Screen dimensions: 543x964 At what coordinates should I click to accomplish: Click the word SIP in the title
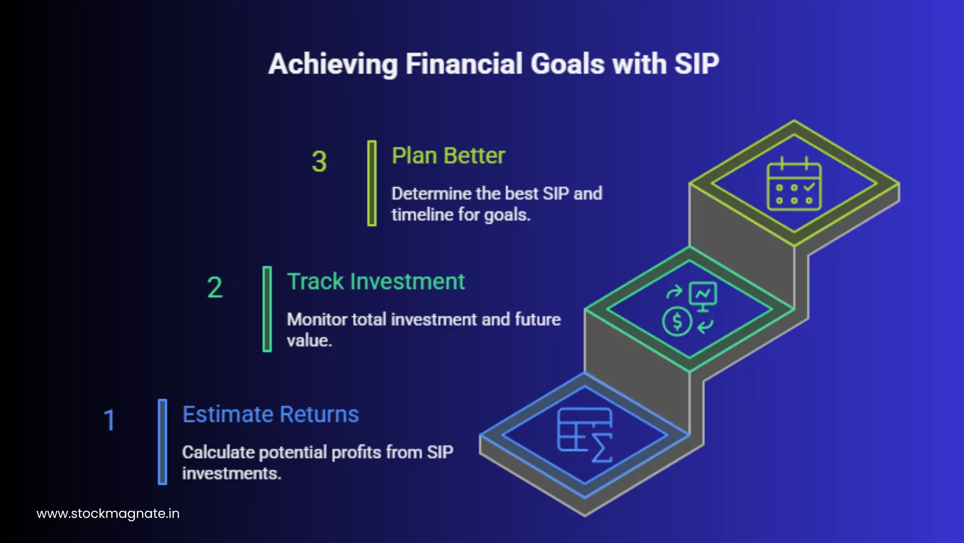tap(696, 64)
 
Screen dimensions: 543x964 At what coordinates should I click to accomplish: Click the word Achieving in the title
tap(333, 64)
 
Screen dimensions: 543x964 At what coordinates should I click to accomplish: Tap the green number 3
tap(319, 162)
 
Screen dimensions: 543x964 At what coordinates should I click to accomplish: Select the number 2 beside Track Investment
tap(214, 288)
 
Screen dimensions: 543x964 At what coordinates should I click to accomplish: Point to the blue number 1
tap(109, 420)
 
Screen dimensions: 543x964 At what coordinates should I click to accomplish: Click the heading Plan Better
tap(448, 156)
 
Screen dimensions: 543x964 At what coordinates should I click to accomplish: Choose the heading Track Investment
tap(376, 282)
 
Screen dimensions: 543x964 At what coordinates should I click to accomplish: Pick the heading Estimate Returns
tap(271, 414)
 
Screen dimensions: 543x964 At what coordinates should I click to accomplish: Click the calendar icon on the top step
tap(794, 185)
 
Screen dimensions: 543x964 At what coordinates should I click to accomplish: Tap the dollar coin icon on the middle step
tap(677, 321)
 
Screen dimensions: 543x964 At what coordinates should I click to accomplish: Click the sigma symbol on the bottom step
tap(602, 448)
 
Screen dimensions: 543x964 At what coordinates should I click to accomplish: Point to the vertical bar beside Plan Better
tap(372, 183)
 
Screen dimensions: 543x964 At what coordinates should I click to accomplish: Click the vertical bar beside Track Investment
tap(267, 309)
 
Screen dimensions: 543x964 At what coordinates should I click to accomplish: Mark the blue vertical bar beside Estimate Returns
tap(162, 441)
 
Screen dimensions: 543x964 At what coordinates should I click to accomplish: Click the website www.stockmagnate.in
tap(108, 513)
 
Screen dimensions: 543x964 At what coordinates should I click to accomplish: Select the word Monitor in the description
tap(316, 319)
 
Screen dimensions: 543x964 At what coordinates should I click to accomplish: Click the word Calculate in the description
tap(218, 452)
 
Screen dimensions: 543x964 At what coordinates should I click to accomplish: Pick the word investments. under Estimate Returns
tap(231, 473)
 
